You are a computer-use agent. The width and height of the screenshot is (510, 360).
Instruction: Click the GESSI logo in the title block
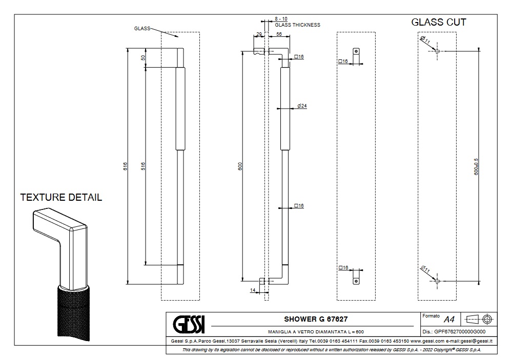click(x=188, y=324)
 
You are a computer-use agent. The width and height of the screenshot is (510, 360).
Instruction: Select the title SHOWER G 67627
click(x=312, y=319)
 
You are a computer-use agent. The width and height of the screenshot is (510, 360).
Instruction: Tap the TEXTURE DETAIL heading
click(x=61, y=197)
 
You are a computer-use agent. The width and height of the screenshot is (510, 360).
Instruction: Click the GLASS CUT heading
click(x=439, y=22)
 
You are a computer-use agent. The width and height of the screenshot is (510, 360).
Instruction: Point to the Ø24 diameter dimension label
click(x=302, y=106)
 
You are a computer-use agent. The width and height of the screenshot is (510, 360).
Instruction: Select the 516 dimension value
click(x=144, y=166)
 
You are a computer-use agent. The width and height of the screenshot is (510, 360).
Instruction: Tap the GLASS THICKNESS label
click(x=297, y=25)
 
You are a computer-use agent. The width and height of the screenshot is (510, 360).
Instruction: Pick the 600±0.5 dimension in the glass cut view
click(x=476, y=166)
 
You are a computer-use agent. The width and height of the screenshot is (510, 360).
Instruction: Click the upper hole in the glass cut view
click(x=436, y=51)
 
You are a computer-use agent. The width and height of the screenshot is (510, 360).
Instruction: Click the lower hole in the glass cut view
click(x=436, y=280)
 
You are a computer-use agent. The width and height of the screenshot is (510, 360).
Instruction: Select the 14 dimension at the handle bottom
click(x=253, y=290)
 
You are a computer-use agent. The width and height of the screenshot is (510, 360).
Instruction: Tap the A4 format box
click(x=449, y=320)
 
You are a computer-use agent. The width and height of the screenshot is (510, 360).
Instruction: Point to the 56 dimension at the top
click(x=279, y=34)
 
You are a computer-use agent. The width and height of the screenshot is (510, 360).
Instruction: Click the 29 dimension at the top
click(x=259, y=34)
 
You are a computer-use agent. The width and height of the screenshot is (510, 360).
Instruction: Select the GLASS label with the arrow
click(x=142, y=29)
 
